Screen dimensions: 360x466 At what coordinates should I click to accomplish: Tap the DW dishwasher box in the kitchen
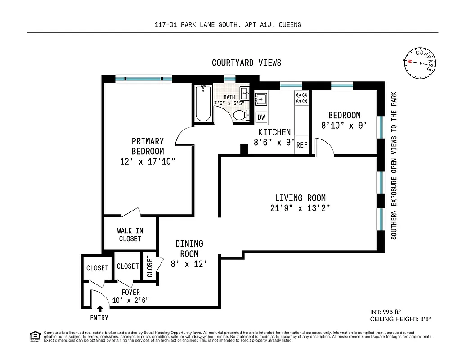pyautogui.click(x=261, y=118)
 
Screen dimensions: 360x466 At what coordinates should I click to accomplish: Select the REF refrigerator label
pyautogui.click(x=301, y=145)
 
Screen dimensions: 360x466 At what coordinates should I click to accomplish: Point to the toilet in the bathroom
pyautogui.click(x=241, y=115)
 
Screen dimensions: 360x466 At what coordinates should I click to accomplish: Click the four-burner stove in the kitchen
pyautogui.click(x=301, y=98)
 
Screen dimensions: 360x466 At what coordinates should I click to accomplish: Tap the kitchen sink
pyautogui.click(x=261, y=99)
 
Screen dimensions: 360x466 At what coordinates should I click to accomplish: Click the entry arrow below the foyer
pyautogui.click(x=100, y=309)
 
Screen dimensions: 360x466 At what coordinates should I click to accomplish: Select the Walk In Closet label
pyautogui.click(x=130, y=234)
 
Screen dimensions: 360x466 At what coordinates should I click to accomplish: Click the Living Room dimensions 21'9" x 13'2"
pyautogui.click(x=300, y=208)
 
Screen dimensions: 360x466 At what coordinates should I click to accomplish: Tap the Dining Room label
pyautogui.click(x=189, y=248)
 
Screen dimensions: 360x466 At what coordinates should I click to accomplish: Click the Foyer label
pyautogui.click(x=130, y=292)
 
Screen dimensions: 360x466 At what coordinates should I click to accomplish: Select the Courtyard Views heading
pyautogui.click(x=246, y=63)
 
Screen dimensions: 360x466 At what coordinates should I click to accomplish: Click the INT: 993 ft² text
pyautogui.click(x=385, y=311)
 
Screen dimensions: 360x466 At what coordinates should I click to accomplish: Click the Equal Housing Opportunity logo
pyautogui.click(x=34, y=336)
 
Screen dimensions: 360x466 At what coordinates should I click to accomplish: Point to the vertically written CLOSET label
pyautogui.click(x=150, y=266)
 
